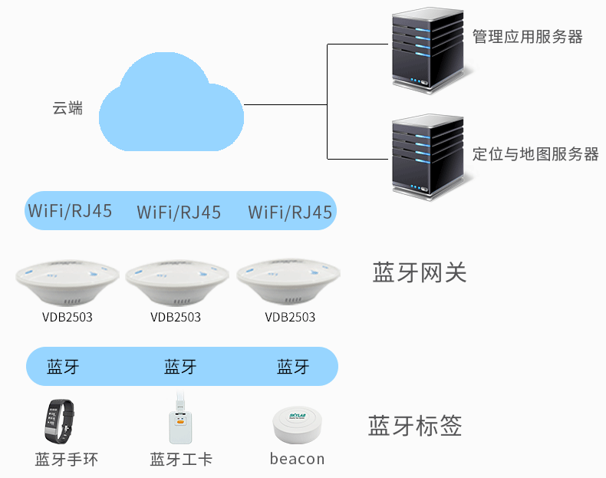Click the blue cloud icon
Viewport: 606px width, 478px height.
coord(173,104)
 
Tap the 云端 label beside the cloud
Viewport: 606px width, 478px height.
coord(68,108)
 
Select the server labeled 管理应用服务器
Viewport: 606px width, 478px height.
coord(427,48)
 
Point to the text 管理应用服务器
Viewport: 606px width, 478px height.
coord(527,37)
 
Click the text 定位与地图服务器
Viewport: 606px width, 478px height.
coord(535,154)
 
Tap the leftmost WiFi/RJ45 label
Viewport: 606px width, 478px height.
coord(70,211)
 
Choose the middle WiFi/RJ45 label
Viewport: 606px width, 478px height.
coord(179,213)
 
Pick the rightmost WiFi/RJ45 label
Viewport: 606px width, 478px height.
coord(290,213)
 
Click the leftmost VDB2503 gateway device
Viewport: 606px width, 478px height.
coord(67,283)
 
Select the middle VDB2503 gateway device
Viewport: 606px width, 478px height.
coord(176,283)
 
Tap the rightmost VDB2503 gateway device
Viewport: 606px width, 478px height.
coord(288,283)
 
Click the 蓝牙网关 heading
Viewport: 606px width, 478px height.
coord(419,272)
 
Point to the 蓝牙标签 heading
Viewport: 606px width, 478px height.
coord(415,426)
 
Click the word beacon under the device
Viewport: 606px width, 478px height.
coord(297,459)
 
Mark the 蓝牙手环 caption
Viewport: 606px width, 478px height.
coord(67,460)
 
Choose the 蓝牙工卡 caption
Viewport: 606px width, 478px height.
coord(181,460)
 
